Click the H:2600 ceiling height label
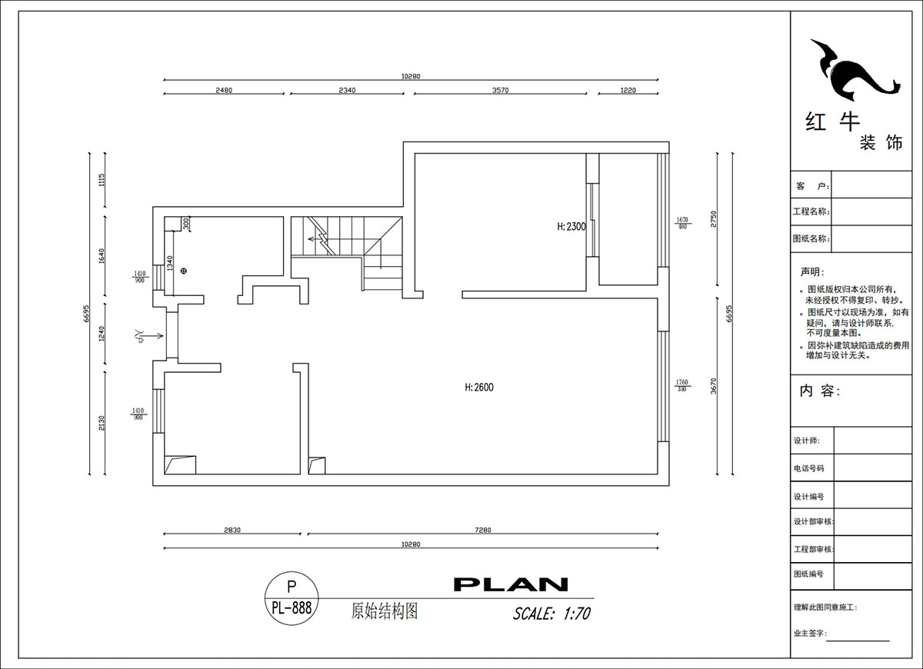point(479,388)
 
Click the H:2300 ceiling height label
point(571,227)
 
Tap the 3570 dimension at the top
point(500,90)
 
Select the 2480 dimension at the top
point(224,90)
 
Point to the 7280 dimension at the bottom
point(483,530)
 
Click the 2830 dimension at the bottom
point(233,530)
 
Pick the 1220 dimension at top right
point(628,90)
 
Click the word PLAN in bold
point(511,584)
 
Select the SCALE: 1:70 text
point(551,614)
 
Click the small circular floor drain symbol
point(183,271)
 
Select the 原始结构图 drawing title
point(384,611)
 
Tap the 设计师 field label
point(806,441)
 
